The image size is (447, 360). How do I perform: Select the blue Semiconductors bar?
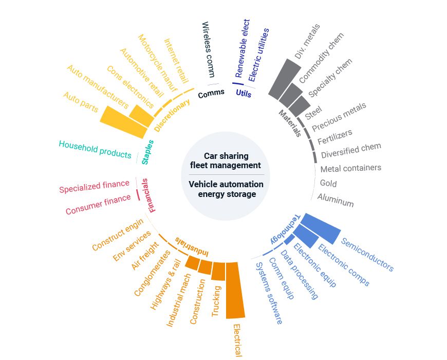pyautogui.click(x=320, y=227)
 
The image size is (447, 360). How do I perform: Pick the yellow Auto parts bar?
pyautogui.click(x=123, y=121)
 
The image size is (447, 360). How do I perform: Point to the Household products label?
pyautogui.click(x=95, y=149)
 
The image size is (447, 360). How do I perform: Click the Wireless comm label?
pyautogui.click(x=208, y=49)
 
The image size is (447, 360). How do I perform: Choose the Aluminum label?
pyautogui.click(x=336, y=200)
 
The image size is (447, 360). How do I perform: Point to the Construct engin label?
pyautogui.click(x=118, y=235)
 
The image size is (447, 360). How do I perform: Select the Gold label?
pyautogui.click(x=328, y=183)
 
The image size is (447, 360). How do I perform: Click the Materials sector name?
pyautogui.click(x=290, y=123)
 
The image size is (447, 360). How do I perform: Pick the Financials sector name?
pyautogui.click(x=150, y=195)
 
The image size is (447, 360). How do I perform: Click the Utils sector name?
pyautogui.click(x=244, y=93)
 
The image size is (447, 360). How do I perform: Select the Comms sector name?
pyautogui.click(x=211, y=93)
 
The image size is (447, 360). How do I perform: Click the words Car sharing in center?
pyautogui.click(x=226, y=156)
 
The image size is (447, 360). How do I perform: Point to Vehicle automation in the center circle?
pyautogui.click(x=226, y=184)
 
